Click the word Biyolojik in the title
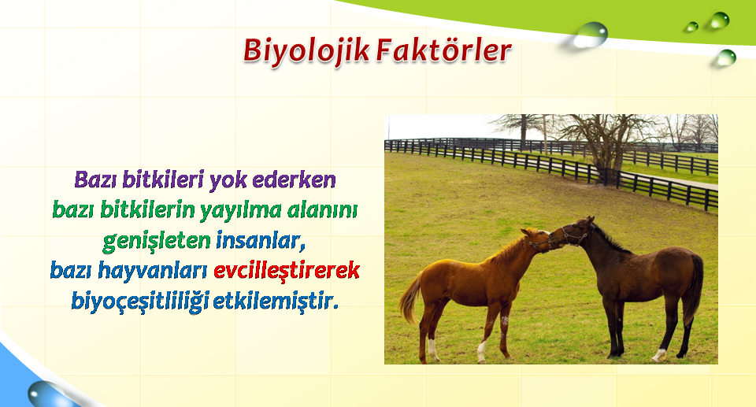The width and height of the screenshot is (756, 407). tap(306, 50)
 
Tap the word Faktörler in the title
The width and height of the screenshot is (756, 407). tap(443, 50)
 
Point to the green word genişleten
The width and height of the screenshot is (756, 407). tap(156, 241)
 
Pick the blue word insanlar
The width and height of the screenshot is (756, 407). tap(261, 240)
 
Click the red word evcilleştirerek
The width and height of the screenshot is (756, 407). tap(287, 270)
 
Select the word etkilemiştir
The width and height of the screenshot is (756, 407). tap(276, 301)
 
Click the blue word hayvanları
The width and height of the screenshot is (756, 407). tap(153, 271)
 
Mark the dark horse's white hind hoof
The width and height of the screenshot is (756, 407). tap(658, 355)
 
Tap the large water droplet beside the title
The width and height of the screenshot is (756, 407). tap(590, 35)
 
